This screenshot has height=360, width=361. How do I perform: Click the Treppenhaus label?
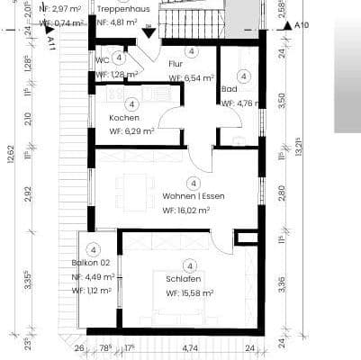(135, 8)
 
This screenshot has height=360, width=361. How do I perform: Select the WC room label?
(102, 61)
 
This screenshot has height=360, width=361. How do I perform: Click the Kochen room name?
(124, 118)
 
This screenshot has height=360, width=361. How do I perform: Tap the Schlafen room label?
(184, 279)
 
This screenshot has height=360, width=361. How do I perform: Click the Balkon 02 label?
(91, 263)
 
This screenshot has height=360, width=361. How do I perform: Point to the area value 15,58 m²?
(190, 293)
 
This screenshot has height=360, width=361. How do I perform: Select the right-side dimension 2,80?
(281, 192)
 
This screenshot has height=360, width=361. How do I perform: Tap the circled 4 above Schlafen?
(189, 265)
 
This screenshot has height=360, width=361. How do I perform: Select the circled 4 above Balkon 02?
(92, 249)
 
